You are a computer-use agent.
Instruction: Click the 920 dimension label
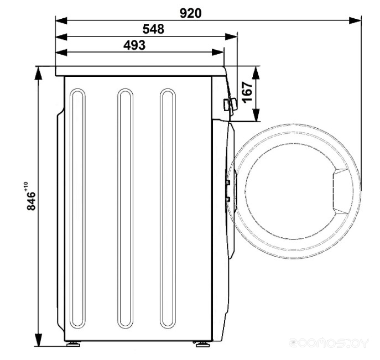click(190, 13)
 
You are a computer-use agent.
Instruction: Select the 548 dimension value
click(153, 29)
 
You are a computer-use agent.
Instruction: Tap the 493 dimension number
click(134, 45)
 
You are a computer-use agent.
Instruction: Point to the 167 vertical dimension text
click(247, 92)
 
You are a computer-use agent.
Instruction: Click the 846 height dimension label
click(32, 201)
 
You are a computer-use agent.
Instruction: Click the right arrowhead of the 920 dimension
click(355, 20)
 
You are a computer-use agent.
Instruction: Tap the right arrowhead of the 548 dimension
click(231, 36)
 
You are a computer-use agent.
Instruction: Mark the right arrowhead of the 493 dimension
click(218, 52)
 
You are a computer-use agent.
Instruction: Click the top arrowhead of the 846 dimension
click(38, 73)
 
